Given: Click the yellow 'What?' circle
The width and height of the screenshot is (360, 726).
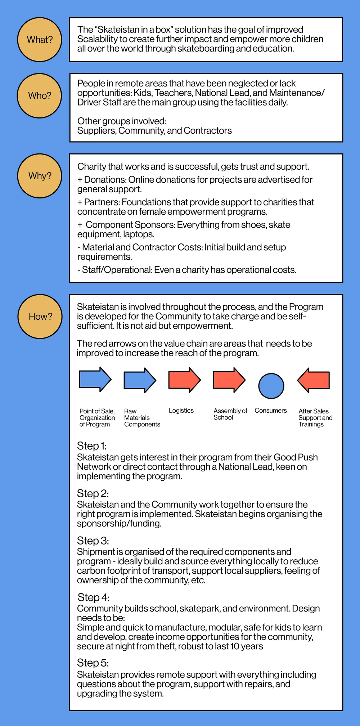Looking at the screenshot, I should pyautogui.click(x=40, y=40).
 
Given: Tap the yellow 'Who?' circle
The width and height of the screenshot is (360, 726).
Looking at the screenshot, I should pyautogui.click(x=40, y=96).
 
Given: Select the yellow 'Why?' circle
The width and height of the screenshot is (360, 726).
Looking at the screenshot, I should pyautogui.click(x=40, y=176).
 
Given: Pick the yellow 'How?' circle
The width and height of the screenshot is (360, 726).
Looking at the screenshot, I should pyautogui.click(x=40, y=317).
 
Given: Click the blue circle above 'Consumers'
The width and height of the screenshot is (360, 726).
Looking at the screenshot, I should pyautogui.click(x=271, y=386).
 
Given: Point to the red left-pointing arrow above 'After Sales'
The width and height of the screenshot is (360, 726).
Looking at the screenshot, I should pyautogui.click(x=314, y=380).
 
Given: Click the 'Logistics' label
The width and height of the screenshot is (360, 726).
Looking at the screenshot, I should pyautogui.click(x=181, y=411).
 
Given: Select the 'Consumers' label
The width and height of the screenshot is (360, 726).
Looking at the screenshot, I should pyautogui.click(x=271, y=411).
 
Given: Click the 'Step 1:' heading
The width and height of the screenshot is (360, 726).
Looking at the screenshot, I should pyautogui.click(x=92, y=446).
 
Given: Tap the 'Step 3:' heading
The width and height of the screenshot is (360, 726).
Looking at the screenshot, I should pyautogui.click(x=93, y=541).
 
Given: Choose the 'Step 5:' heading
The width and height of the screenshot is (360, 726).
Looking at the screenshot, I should pyautogui.click(x=93, y=663).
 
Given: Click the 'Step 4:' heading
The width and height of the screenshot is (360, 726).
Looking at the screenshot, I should pyautogui.click(x=94, y=597).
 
